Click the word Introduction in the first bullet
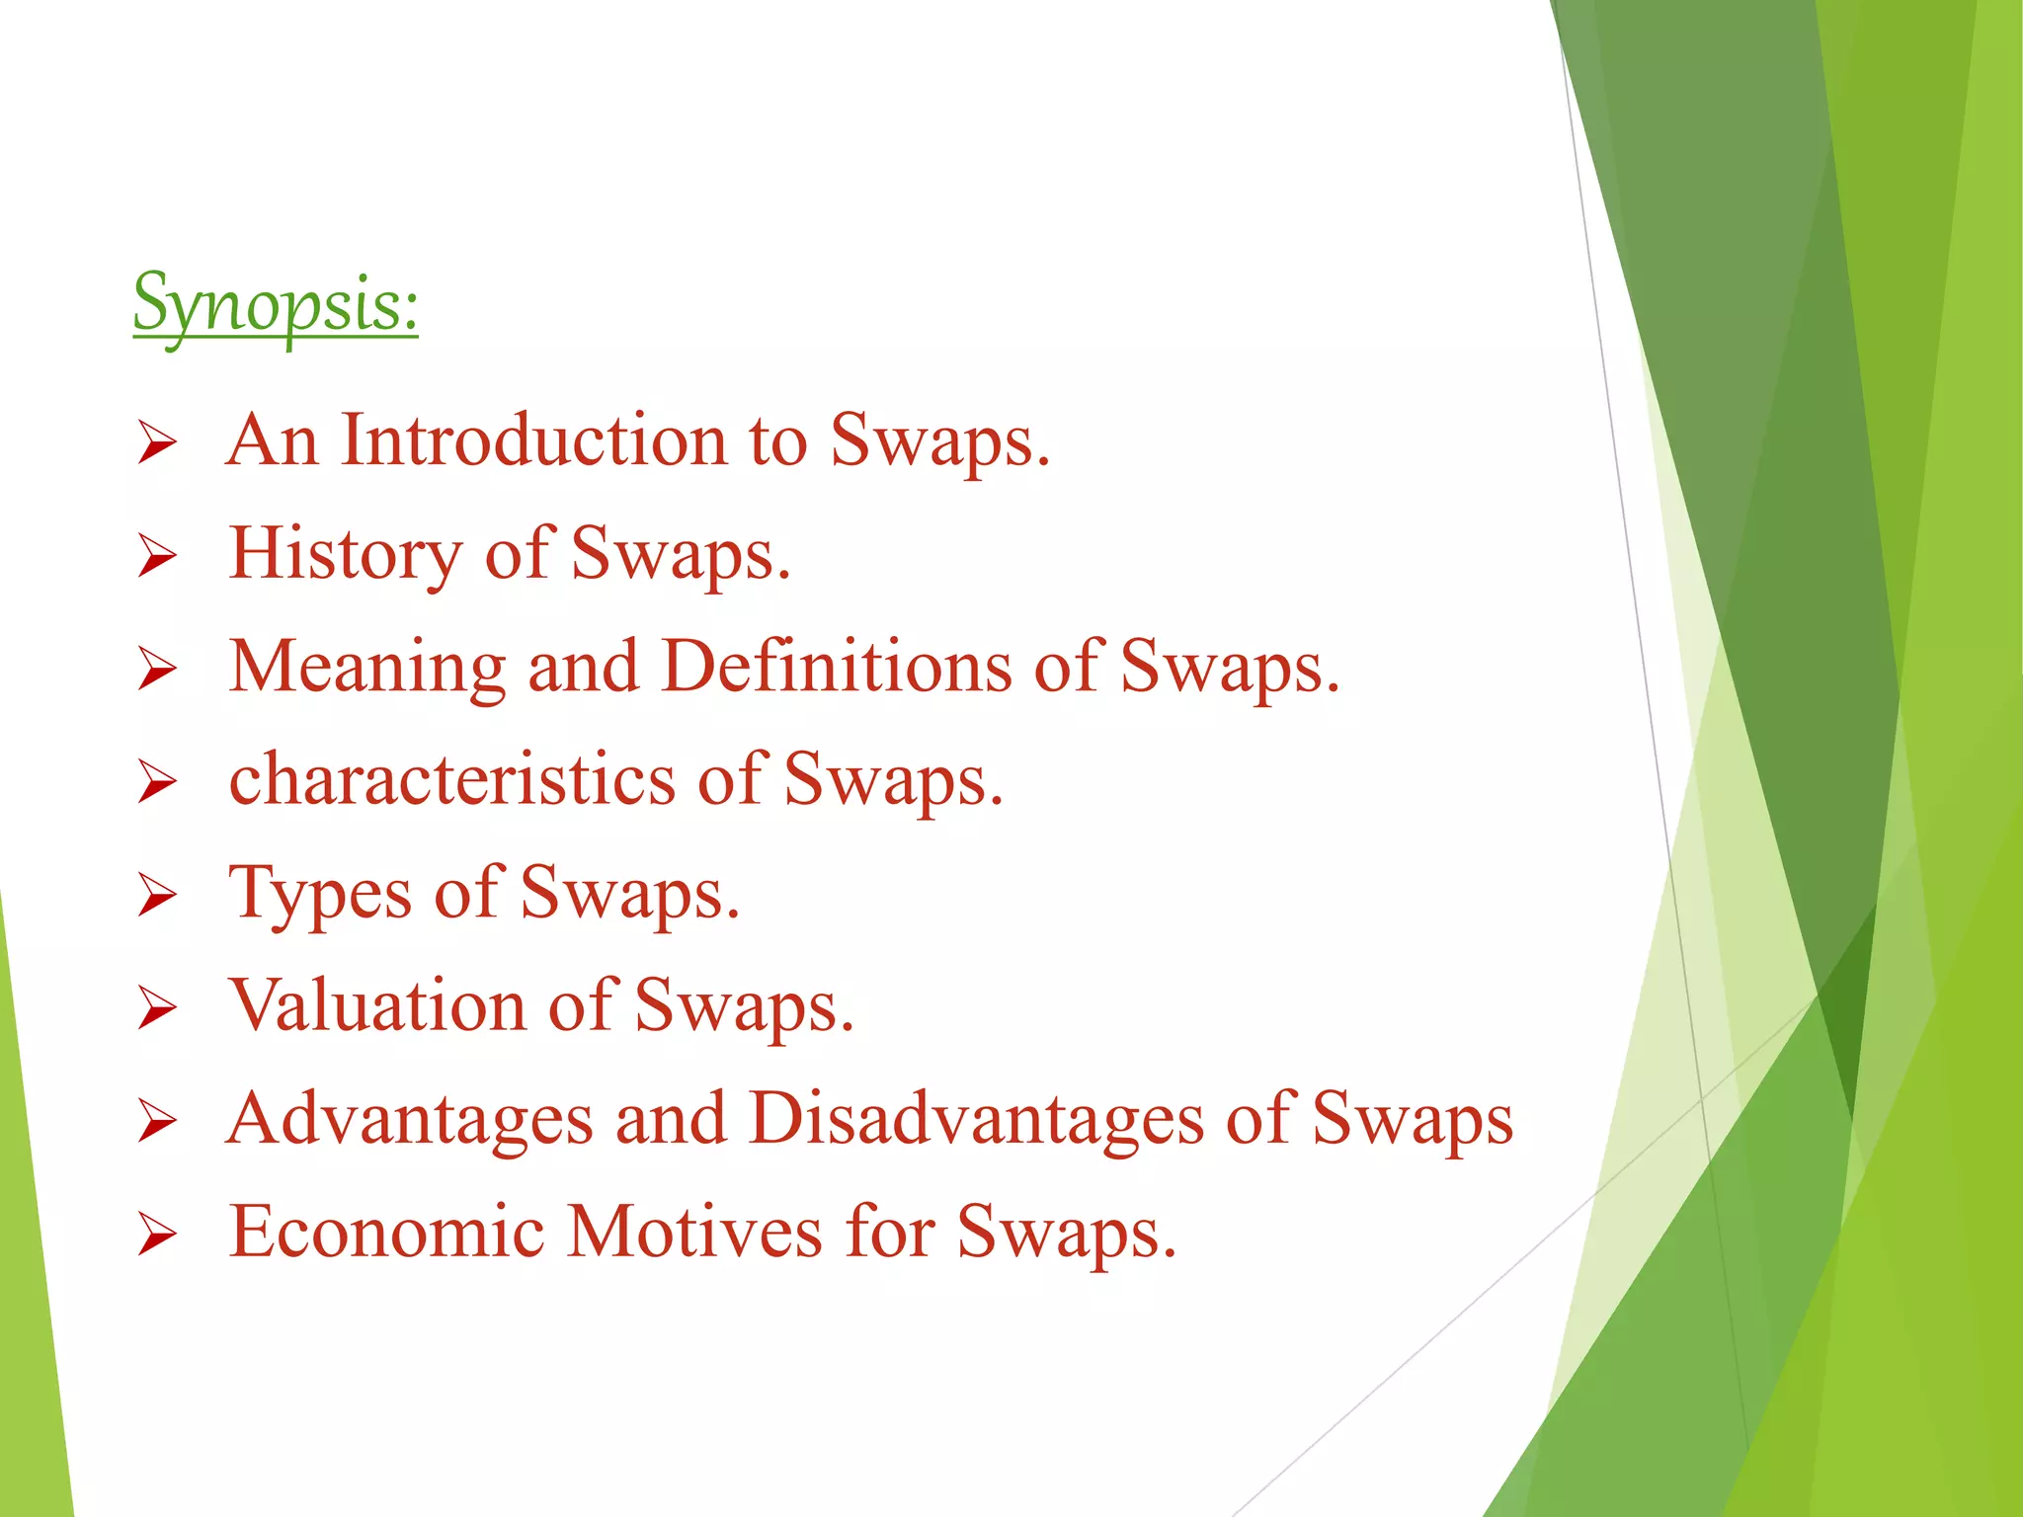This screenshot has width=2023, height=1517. [x=533, y=440]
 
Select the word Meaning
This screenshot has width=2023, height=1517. [x=367, y=669]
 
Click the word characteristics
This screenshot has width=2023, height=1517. [x=451, y=780]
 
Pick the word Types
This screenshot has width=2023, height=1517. [x=320, y=895]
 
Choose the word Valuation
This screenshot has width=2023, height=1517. [x=377, y=1006]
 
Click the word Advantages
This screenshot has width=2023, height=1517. [x=410, y=1121]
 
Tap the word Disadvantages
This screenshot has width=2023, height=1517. [x=976, y=1121]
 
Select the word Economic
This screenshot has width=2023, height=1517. [x=386, y=1233]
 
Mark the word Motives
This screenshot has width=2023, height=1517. [x=694, y=1233]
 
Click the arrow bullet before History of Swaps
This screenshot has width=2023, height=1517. [x=157, y=555]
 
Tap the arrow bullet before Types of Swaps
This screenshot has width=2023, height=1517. [x=157, y=895]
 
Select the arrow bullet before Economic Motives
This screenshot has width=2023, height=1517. [x=157, y=1235]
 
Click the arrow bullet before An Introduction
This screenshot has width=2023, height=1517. [x=157, y=442]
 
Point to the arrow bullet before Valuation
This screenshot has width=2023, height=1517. [x=157, y=1008]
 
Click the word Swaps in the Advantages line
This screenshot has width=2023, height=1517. [x=1412, y=1121]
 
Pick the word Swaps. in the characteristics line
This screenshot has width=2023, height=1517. [x=893, y=780]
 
